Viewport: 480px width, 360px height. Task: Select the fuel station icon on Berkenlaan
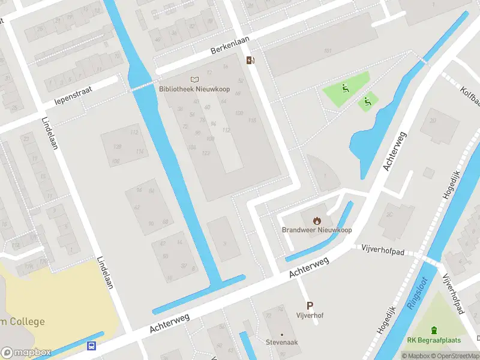pos(250,59)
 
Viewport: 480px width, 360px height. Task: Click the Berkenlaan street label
pos(229,45)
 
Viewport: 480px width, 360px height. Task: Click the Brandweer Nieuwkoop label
pos(317,230)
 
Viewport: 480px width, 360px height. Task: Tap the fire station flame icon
pos(317,220)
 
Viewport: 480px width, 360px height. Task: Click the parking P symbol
pos(310,305)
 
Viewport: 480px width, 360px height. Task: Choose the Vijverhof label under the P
pos(310,315)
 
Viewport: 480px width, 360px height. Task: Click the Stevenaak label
pos(281,343)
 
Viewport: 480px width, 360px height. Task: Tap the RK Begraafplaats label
pos(434,340)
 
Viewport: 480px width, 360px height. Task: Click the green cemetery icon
pos(434,330)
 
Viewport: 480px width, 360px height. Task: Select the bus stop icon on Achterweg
pos(92,346)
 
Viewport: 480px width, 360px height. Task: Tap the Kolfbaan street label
pos(467,93)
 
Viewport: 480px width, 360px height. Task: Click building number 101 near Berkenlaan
pos(327,50)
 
